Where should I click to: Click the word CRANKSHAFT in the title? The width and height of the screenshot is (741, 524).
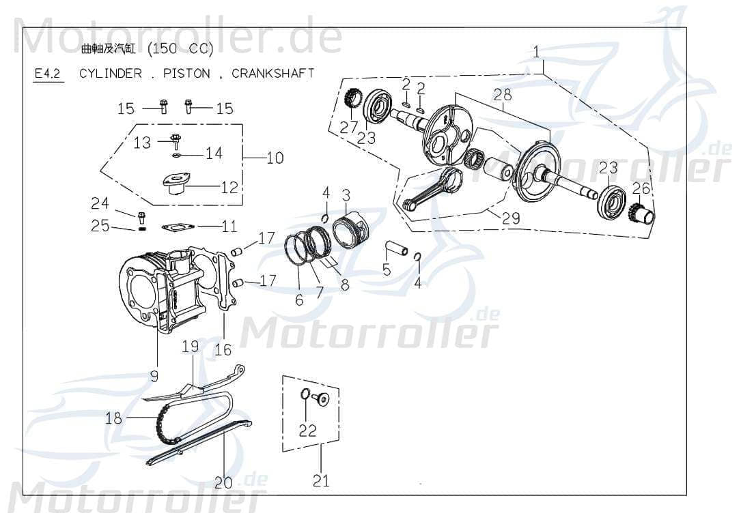(x=272, y=73)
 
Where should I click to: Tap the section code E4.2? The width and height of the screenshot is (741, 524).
(x=48, y=74)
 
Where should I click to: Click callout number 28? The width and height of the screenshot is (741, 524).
(x=503, y=94)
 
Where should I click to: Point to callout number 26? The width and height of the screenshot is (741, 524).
(x=641, y=188)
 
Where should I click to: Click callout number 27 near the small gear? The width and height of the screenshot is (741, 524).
(x=349, y=128)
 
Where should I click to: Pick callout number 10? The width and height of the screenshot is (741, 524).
(x=275, y=158)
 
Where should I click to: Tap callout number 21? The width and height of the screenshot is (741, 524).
(x=321, y=480)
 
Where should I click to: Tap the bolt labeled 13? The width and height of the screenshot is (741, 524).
(x=176, y=141)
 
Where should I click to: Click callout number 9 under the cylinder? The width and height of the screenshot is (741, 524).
(x=154, y=375)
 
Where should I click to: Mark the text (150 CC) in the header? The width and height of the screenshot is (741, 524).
(x=180, y=49)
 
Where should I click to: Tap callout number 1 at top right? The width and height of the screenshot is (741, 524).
(x=536, y=51)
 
